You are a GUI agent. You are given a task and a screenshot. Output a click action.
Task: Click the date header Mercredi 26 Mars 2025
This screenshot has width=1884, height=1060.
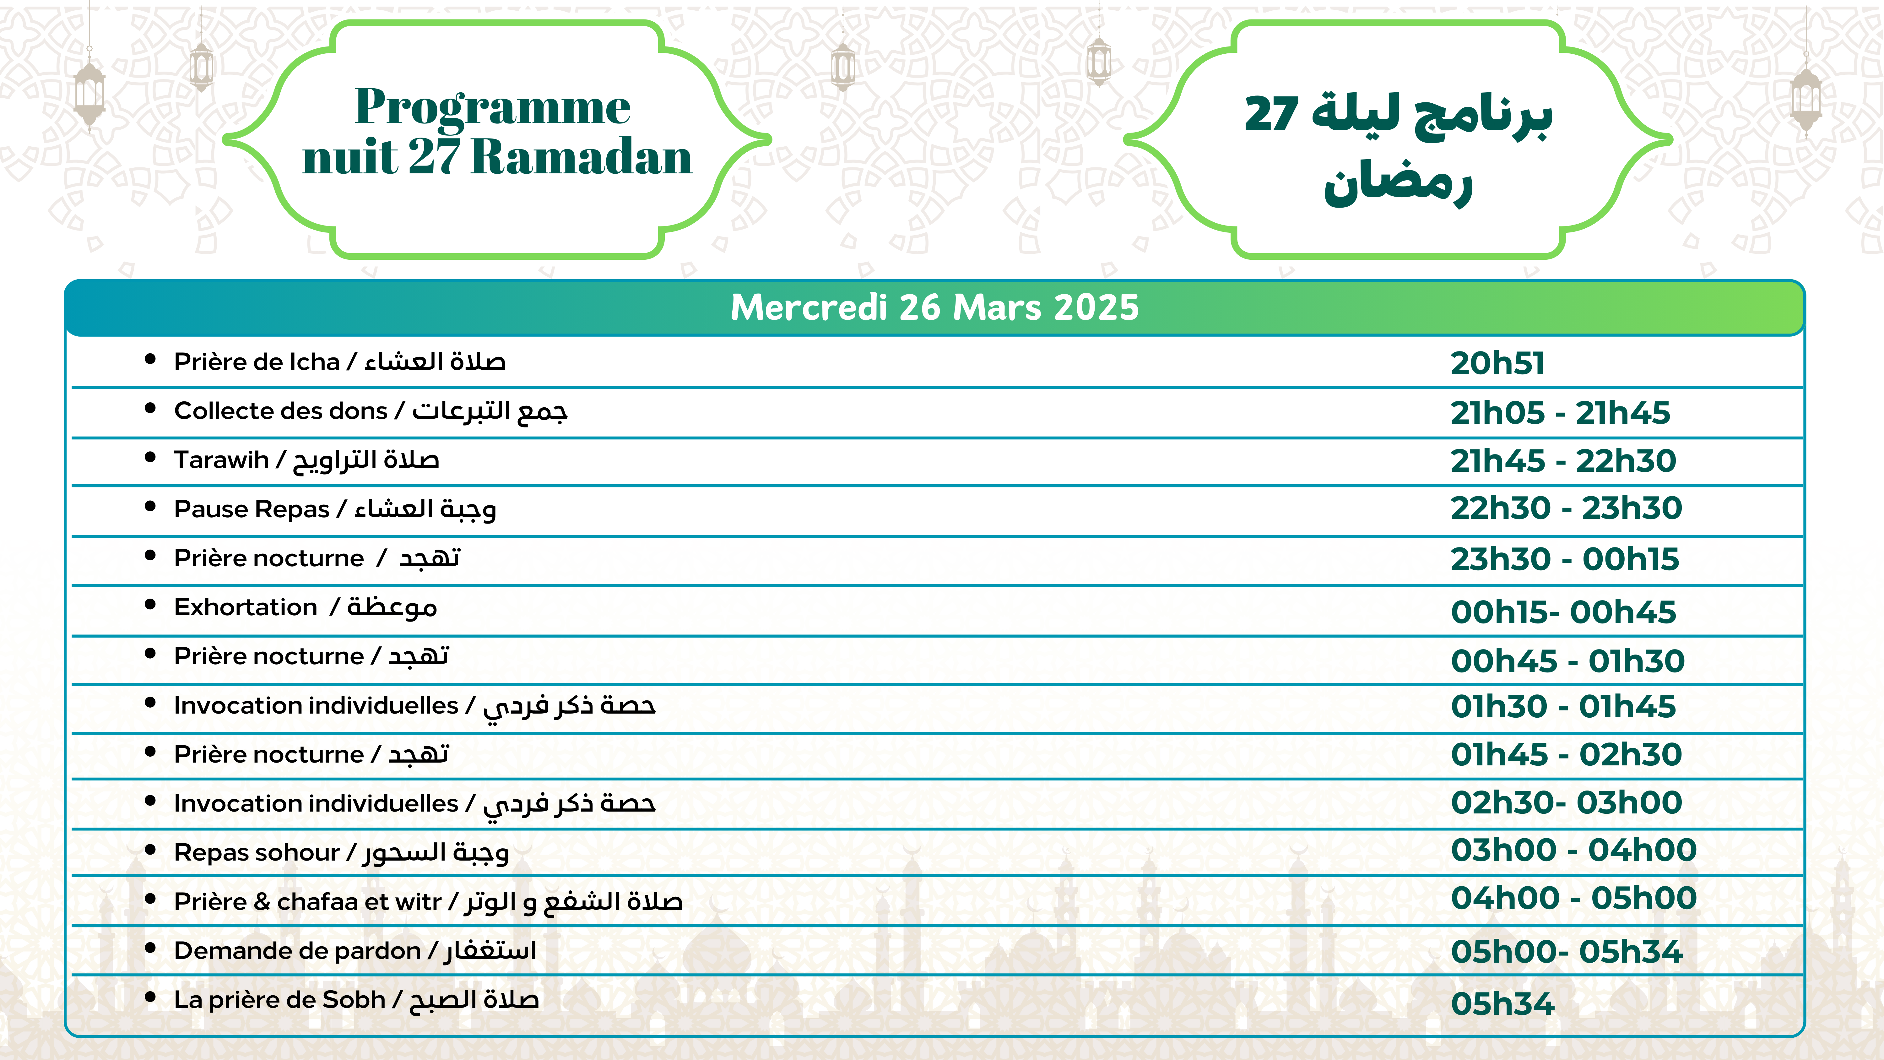tap(935, 307)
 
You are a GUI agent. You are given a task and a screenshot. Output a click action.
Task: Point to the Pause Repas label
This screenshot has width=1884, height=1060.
tap(334, 509)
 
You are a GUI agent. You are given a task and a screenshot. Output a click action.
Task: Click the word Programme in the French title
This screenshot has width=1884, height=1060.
tap(492, 107)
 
